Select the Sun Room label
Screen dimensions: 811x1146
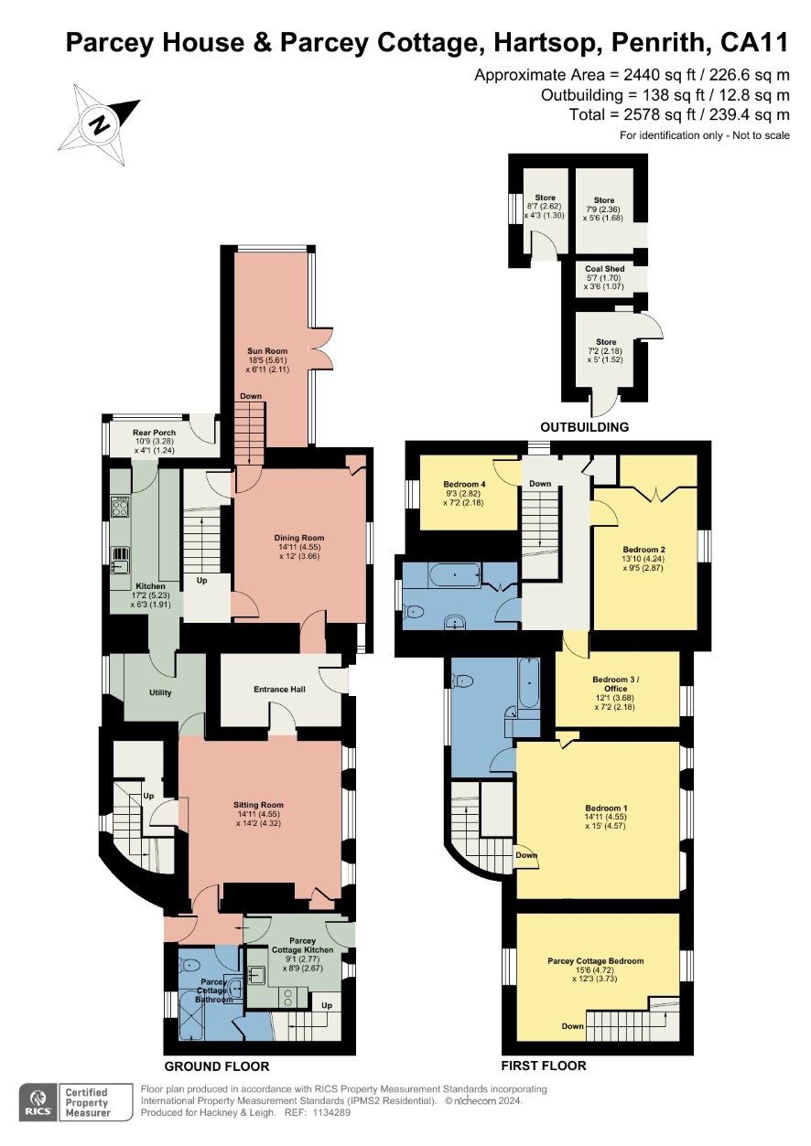267,351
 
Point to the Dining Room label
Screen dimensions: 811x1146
299,538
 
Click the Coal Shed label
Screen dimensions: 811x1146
605,269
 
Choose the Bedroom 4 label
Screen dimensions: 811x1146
464,484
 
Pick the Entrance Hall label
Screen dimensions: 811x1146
279,689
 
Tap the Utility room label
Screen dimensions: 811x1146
160,692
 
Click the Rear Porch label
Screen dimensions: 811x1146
154,433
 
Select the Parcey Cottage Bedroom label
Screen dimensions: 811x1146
596,961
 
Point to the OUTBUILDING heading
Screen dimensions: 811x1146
585,427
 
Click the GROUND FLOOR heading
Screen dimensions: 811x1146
217,1066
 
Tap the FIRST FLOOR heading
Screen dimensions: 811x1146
544,1066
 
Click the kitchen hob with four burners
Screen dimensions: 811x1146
120,507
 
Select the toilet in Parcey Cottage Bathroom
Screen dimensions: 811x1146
189,966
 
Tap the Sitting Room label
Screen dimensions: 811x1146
258,805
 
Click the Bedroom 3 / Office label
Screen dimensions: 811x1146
616,684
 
